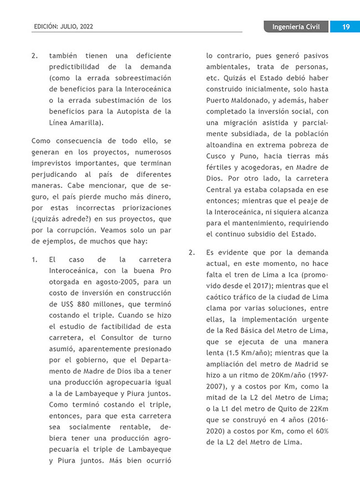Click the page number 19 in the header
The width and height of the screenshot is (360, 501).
click(x=344, y=27)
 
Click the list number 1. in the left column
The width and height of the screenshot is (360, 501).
click(x=35, y=259)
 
